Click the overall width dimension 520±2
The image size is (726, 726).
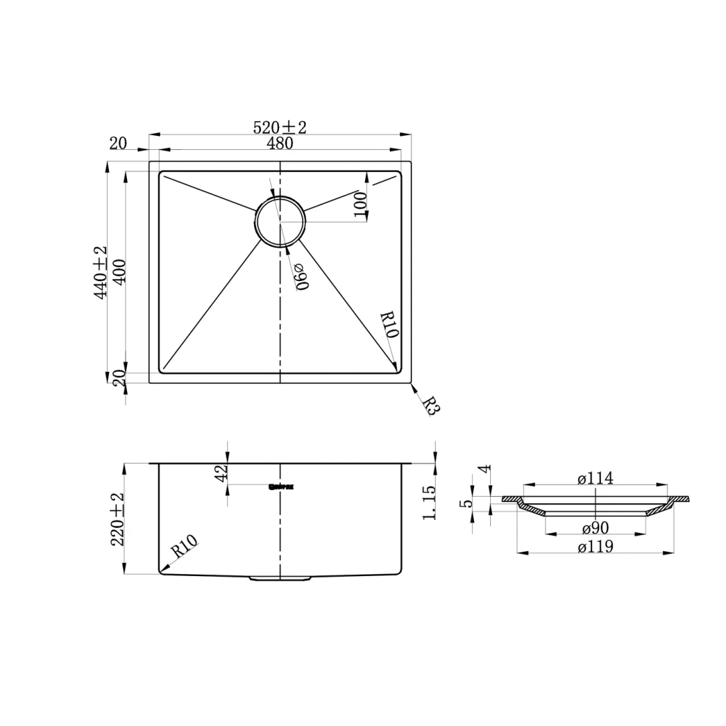pos(280,127)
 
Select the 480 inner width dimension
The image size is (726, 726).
pos(280,143)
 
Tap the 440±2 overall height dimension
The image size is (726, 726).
pos(100,272)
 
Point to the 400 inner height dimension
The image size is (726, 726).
pos(119,272)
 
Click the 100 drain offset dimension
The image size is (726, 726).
pos(360,205)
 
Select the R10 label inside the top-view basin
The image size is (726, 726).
pos(389,325)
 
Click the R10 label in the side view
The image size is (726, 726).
pos(183,547)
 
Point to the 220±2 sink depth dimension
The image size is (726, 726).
pos(118,519)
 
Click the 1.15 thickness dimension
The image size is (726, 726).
pos(430,502)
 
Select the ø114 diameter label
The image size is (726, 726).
pos(595,478)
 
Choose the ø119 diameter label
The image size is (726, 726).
pos(595,547)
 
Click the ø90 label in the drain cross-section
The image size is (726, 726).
pos(595,528)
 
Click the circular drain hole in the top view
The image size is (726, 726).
pos(280,221)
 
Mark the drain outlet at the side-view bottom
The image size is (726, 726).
pos(280,577)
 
